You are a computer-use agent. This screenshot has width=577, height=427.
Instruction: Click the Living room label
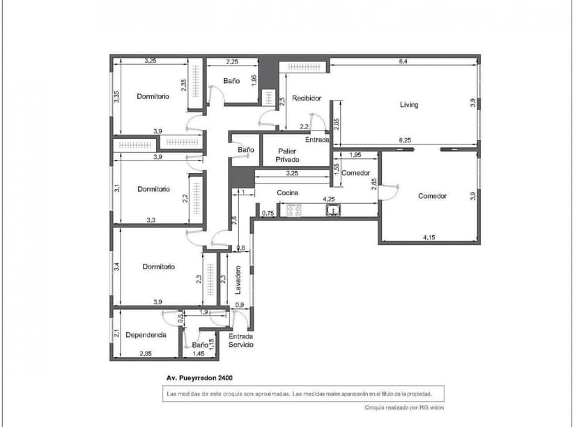click(x=409, y=105)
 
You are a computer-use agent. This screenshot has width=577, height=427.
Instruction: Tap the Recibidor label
click(x=307, y=98)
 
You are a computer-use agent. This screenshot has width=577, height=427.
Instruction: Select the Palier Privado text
click(x=288, y=155)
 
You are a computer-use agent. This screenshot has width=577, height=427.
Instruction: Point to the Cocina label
click(x=288, y=193)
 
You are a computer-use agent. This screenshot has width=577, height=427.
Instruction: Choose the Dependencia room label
click(x=146, y=335)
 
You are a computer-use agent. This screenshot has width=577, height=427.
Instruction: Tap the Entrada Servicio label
click(x=241, y=340)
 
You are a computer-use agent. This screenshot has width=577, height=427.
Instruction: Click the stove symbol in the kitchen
click(x=289, y=209)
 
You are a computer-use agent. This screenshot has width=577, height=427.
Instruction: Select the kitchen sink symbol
click(x=334, y=209)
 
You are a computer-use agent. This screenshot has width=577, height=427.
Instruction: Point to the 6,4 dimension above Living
click(x=403, y=61)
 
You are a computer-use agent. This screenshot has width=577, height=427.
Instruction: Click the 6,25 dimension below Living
click(x=404, y=140)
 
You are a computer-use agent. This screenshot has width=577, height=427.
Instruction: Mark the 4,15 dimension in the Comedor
click(x=429, y=238)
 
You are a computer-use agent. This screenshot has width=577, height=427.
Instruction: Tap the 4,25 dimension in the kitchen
click(x=329, y=199)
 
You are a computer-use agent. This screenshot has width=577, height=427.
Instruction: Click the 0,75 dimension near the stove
click(x=268, y=213)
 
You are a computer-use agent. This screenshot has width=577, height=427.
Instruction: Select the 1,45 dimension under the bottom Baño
click(x=199, y=354)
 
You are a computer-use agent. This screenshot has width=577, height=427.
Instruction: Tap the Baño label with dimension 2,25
click(x=231, y=81)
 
